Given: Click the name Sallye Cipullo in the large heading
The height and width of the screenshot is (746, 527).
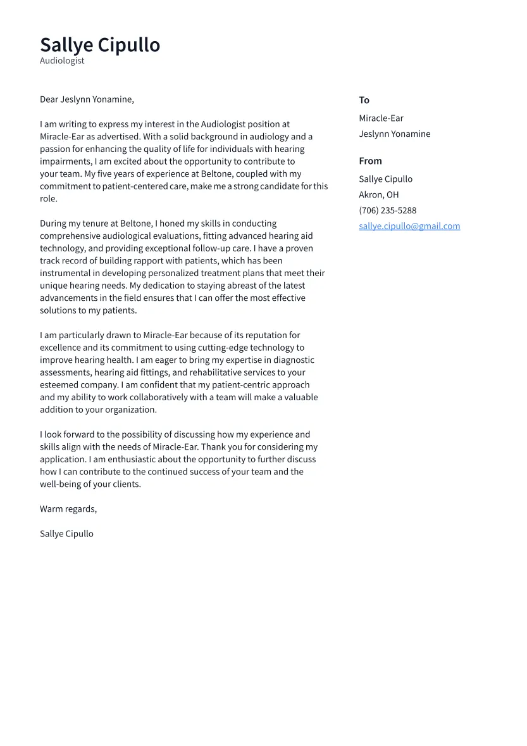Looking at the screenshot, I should coord(100,45).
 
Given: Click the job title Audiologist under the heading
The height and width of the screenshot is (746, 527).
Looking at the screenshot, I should coord(62,61).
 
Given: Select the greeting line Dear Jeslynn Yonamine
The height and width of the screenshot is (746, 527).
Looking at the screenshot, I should coord(87,99).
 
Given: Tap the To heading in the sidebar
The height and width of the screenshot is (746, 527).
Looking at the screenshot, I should coord(364,100).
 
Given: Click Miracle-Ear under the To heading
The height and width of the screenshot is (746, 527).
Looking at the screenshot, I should coord(381,118).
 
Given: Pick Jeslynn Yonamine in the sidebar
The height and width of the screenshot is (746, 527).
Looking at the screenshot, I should coord(394,134).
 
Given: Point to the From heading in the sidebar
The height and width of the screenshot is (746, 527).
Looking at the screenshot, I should coord(370,161).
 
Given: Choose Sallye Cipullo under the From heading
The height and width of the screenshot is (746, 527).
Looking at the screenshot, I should coord(385,179).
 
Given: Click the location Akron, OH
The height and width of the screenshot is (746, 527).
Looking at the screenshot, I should coord(378,195).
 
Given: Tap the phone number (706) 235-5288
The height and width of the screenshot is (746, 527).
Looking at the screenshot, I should coord(387,210).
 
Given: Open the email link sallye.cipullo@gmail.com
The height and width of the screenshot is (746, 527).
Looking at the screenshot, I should coord(409,226).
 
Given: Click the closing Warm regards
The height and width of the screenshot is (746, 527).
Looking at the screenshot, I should coord(68,509).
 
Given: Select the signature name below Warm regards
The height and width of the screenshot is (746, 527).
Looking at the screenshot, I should coord(66,534).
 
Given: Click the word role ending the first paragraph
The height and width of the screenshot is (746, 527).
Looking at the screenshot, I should coord(48,199).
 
